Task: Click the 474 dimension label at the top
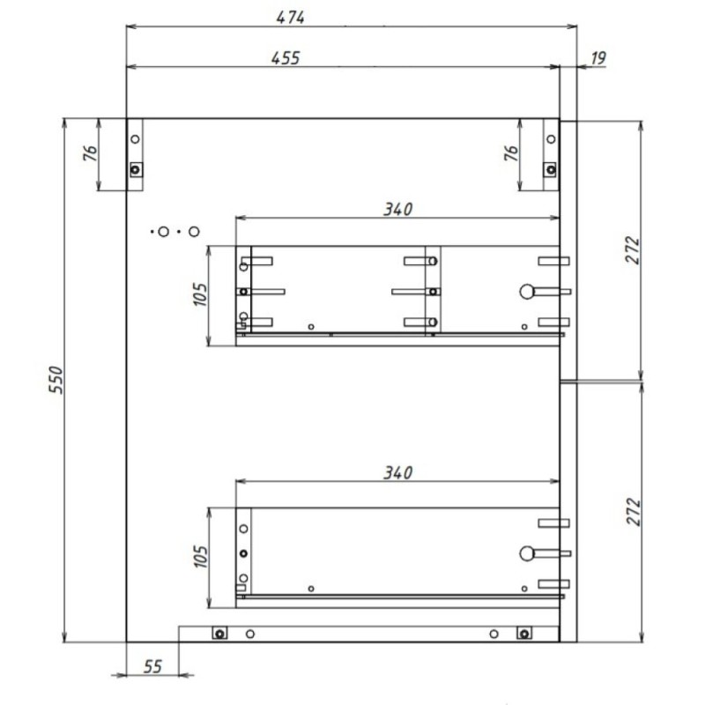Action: tap(290, 18)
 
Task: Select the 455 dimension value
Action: tap(285, 58)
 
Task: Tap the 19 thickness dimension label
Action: tap(598, 58)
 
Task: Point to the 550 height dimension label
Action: tap(56, 380)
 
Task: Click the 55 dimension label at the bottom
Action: tap(152, 666)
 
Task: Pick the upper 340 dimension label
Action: tap(397, 209)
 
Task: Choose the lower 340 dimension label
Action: tap(397, 472)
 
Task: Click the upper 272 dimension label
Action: tap(632, 250)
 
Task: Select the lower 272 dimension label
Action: tap(633, 512)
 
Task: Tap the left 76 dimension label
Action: tap(91, 153)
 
